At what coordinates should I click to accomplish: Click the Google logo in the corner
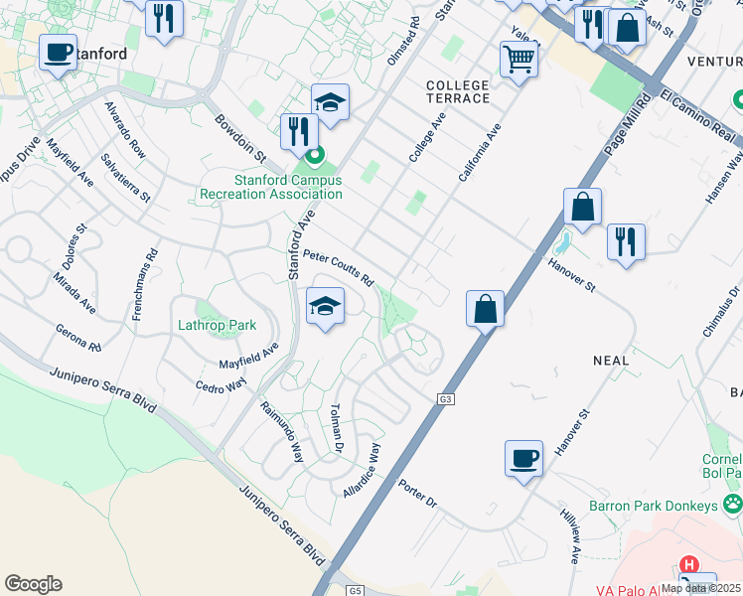coord(33,584)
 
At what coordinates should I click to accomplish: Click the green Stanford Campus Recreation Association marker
coord(314,156)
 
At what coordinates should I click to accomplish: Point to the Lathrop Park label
coord(217,325)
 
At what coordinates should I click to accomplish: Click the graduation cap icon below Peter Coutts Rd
coord(325,306)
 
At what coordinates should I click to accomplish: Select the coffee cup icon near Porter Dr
coord(523,458)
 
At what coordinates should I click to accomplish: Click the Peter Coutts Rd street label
coord(338,265)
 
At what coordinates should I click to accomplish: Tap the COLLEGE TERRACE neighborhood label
coord(458,92)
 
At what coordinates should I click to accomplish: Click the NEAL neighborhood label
coord(611,361)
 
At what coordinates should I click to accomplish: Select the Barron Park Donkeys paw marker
coord(733,504)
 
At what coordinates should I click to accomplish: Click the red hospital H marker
coord(689,564)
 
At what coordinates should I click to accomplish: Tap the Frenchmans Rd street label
coord(144,282)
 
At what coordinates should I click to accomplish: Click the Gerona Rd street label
coord(79,339)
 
